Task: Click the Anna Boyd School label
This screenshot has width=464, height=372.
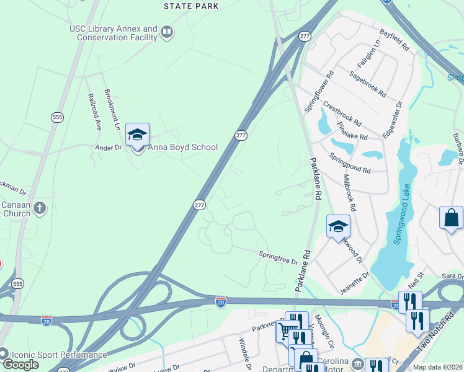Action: click(x=182, y=148)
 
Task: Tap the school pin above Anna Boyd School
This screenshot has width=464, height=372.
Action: click(x=138, y=134)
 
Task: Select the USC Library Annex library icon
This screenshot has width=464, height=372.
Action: click(x=166, y=32)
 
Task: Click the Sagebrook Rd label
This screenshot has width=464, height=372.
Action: click(x=367, y=84)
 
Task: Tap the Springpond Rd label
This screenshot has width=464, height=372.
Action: click(x=350, y=163)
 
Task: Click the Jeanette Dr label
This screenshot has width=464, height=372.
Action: click(x=355, y=282)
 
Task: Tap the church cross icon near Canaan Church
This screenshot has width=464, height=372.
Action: click(x=40, y=208)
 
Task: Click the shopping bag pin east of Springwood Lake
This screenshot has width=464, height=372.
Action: click(x=451, y=219)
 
